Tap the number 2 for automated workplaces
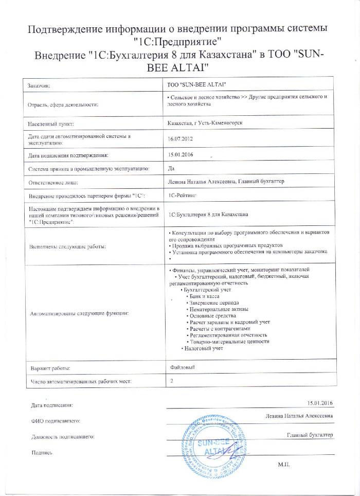[172, 381]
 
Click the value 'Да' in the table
[172, 168]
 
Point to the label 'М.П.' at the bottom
[284, 464]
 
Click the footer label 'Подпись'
[42, 453]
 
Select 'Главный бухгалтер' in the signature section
[310, 435]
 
